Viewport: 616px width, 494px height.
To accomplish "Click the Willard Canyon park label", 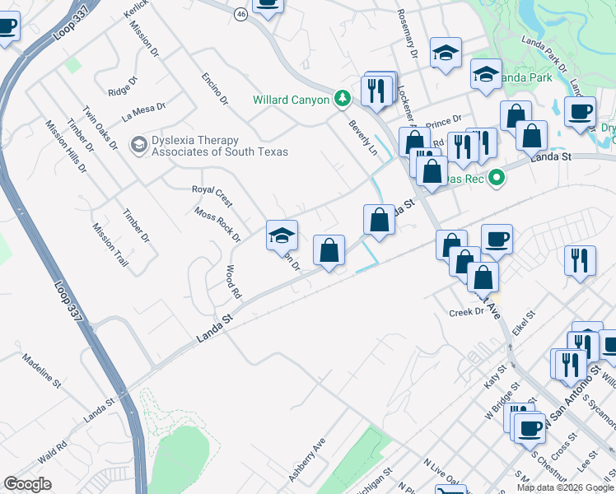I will pyautogui.click(x=292, y=100).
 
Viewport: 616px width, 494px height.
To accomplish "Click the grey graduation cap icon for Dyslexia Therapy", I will pyautogui.click(x=138, y=145).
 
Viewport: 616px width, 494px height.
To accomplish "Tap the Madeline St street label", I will pyautogui.click(x=41, y=371).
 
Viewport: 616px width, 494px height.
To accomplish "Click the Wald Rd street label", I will pyautogui.click(x=53, y=451).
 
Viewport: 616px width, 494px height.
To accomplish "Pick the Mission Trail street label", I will pyautogui.click(x=110, y=245).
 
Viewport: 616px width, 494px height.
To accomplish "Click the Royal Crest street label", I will pyautogui.click(x=212, y=195).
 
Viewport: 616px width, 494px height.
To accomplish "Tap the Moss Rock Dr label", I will pyautogui.click(x=217, y=224).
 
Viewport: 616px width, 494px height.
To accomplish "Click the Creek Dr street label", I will pyautogui.click(x=464, y=312).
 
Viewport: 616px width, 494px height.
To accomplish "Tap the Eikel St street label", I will pyautogui.click(x=524, y=321).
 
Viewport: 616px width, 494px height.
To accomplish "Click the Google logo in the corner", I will pyautogui.click(x=28, y=484).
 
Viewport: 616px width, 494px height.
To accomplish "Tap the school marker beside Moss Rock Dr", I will pyautogui.click(x=282, y=235).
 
